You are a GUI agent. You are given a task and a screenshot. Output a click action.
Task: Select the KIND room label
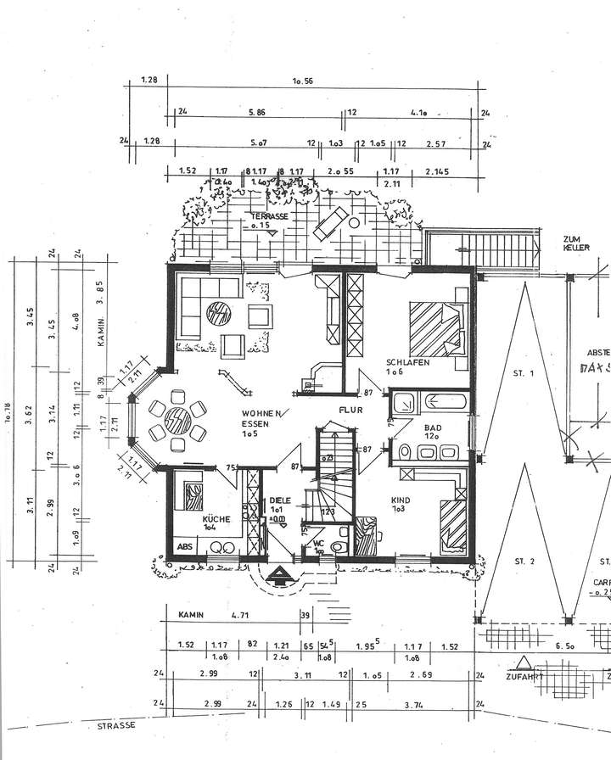point(401,500)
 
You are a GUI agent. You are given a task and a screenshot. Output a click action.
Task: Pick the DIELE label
point(279,500)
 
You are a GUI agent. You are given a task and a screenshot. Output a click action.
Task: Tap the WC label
point(318,543)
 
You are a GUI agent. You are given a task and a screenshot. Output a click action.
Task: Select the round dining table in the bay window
point(178,419)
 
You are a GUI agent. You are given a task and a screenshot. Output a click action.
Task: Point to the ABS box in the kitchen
point(185,546)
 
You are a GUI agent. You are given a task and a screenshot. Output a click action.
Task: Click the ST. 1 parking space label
point(523,373)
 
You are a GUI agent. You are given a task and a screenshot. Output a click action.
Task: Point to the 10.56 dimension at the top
point(304,82)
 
